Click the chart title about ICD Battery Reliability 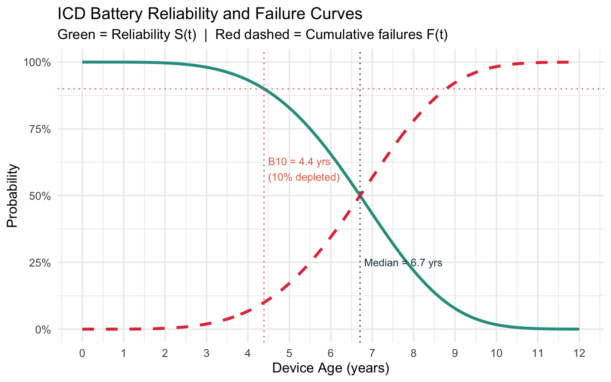click(x=210, y=14)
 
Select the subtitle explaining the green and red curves click(x=253, y=35)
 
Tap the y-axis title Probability click(x=12, y=195)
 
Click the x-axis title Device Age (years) click(x=330, y=368)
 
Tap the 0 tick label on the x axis click(x=82, y=353)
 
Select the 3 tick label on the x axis click(x=206, y=353)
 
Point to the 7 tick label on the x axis click(x=372, y=353)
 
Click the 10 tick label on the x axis click(x=496, y=353)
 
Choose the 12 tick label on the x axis click(x=579, y=353)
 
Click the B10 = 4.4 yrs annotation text click(x=299, y=162)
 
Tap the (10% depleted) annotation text click(x=304, y=177)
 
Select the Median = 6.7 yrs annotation click(x=403, y=263)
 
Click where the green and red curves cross click(x=360, y=195)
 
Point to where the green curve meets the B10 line click(x=264, y=89)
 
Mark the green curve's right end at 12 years click(x=579, y=329)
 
